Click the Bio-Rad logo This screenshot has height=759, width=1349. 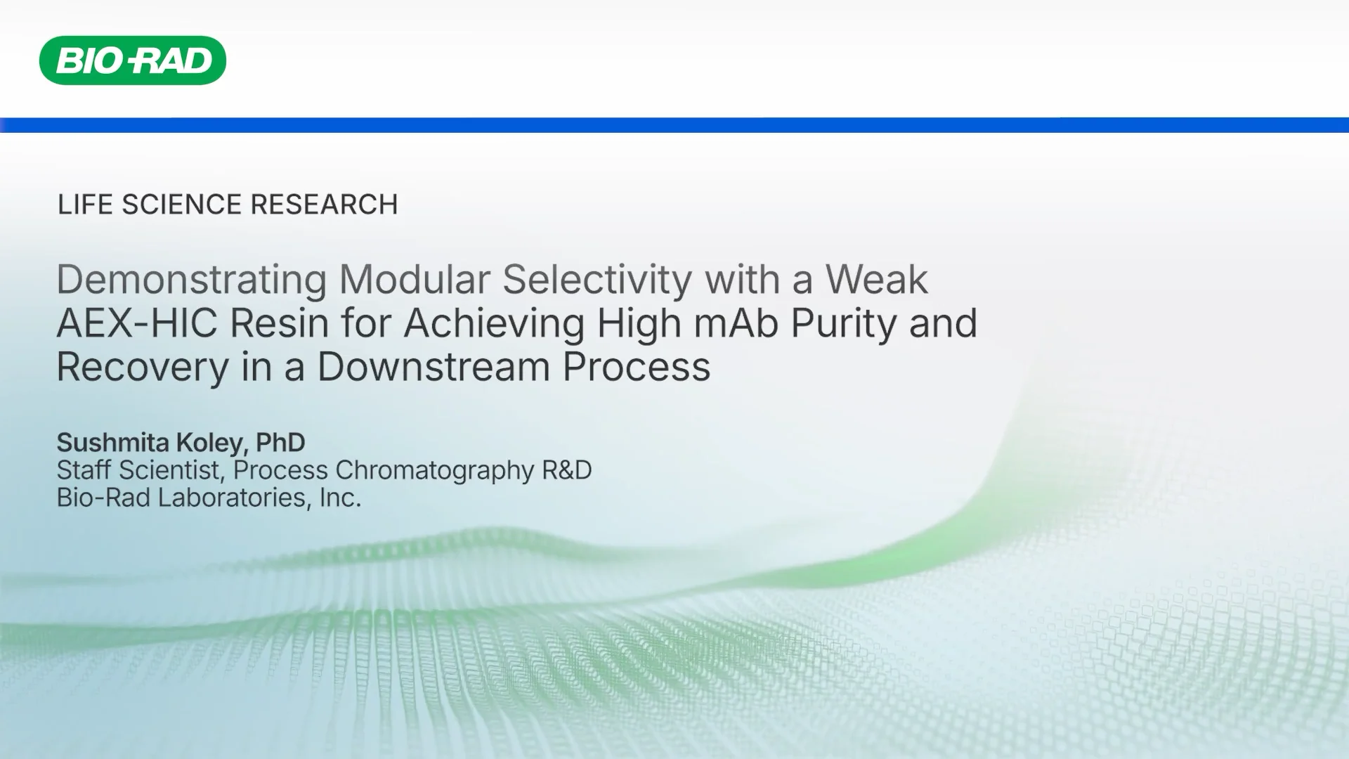pyautogui.click(x=133, y=60)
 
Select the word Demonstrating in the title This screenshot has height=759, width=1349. pyautogui.click(x=191, y=280)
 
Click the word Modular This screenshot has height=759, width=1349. pyautogui.click(x=414, y=280)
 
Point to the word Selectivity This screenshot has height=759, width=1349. pyautogui.click(x=597, y=280)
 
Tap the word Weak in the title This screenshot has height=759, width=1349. pyautogui.click(x=876, y=280)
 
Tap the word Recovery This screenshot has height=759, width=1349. pyautogui.click(x=143, y=368)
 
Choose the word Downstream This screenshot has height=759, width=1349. pyautogui.click(x=433, y=367)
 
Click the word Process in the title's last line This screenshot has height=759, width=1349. pyautogui.click(x=636, y=367)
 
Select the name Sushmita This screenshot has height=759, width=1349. pyautogui.click(x=112, y=443)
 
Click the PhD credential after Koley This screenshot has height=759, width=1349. pyautogui.click(x=280, y=443)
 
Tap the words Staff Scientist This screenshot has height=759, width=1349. pyautogui.click(x=138, y=470)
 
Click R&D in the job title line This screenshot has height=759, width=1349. pyautogui.click(x=567, y=470)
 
